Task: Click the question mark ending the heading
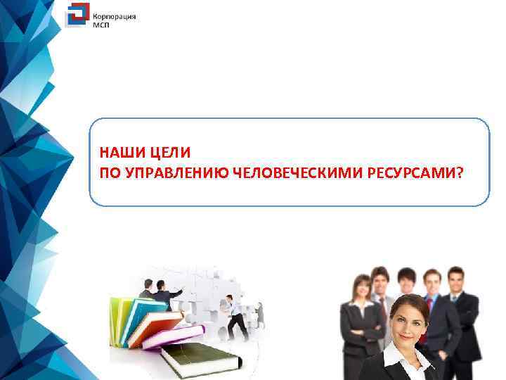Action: (460, 172)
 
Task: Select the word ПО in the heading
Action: (110, 172)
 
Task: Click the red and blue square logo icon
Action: (77, 15)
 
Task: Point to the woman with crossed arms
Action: (358, 317)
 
